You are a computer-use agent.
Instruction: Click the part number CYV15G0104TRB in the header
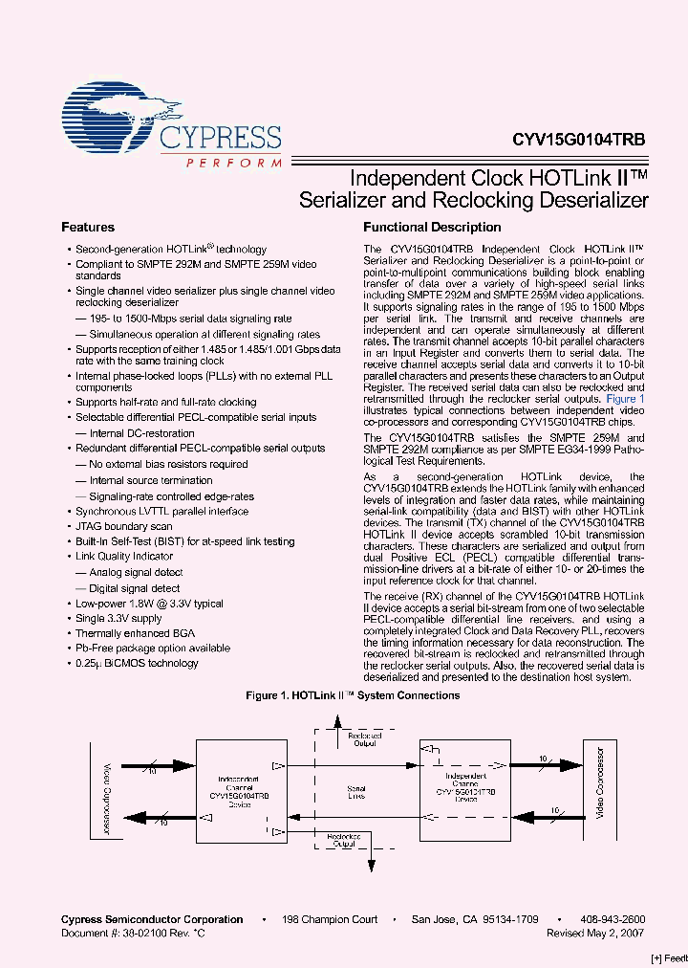tap(578, 139)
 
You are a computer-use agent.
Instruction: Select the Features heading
tap(88, 228)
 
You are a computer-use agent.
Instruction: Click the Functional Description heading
tap(432, 228)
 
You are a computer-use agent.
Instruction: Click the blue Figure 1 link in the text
tap(626, 398)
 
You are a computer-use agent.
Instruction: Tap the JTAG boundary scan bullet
tap(123, 526)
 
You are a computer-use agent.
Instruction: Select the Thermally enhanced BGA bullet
tap(135, 633)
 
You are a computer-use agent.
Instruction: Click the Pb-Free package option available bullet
tap(153, 649)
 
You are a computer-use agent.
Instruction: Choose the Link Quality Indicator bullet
tap(124, 557)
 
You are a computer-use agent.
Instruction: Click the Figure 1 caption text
tap(353, 695)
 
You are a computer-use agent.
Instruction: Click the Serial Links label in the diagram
tap(355, 791)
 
